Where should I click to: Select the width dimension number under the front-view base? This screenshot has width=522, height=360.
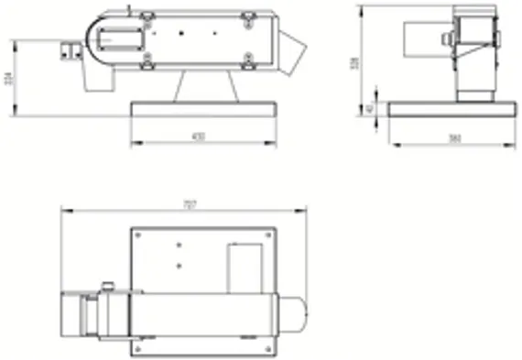click(199, 136)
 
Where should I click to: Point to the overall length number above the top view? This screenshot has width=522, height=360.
click(190, 205)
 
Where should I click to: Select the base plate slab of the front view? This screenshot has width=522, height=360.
click(203, 109)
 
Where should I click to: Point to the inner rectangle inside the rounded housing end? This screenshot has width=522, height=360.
click(117, 38)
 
